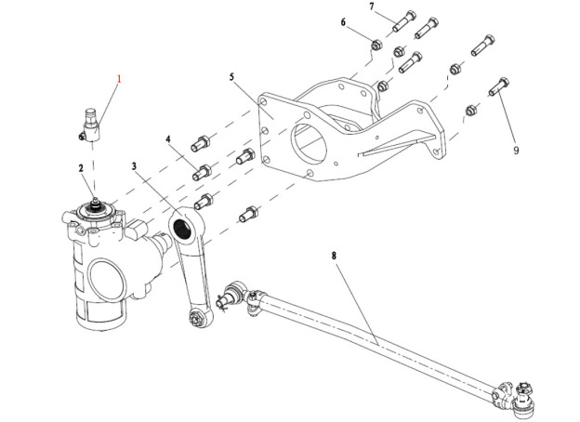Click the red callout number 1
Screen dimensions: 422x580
click(119, 80)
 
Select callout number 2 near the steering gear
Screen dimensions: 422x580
click(81, 168)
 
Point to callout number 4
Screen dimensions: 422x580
click(168, 139)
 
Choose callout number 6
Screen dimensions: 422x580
click(343, 22)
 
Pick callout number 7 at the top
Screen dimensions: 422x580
click(372, 8)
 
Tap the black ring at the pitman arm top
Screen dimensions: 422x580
click(183, 227)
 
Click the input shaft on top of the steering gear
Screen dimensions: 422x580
click(95, 201)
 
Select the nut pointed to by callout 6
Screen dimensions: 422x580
click(376, 44)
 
